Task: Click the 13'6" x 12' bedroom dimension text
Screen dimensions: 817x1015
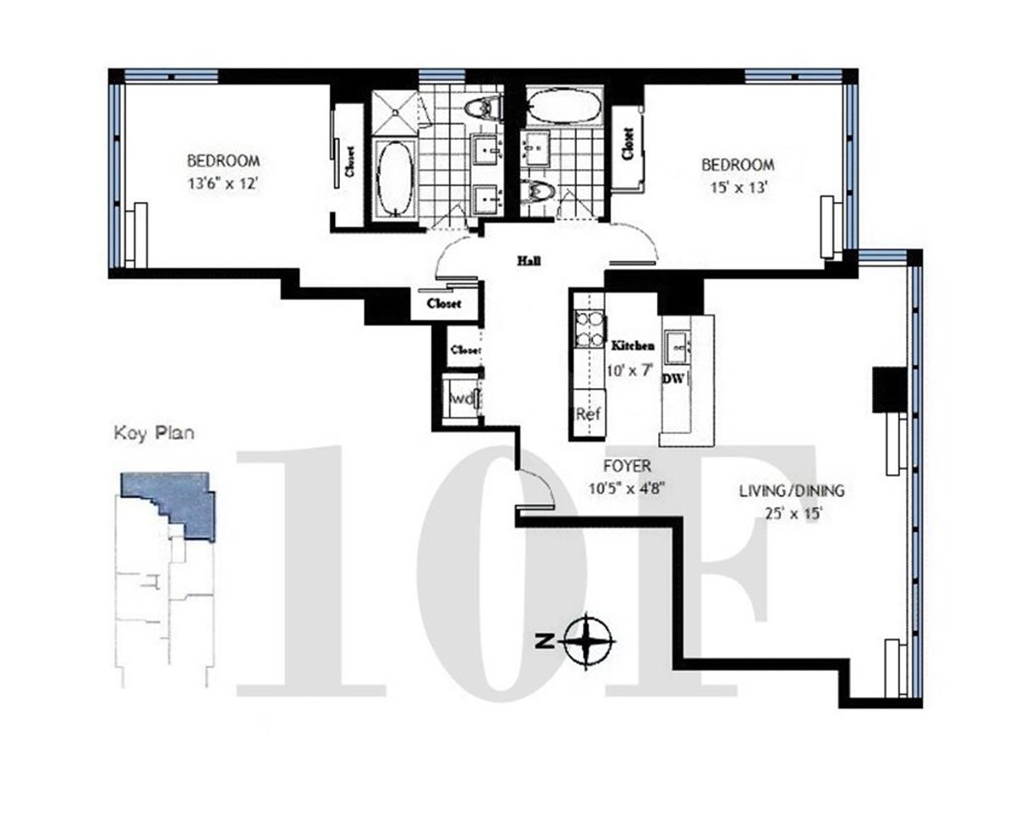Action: tap(223, 181)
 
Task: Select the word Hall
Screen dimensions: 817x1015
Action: tap(529, 261)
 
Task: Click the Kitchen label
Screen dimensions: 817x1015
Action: tap(633, 346)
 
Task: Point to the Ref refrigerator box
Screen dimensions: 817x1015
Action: tap(588, 415)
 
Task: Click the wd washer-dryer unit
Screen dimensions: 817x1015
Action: tap(462, 398)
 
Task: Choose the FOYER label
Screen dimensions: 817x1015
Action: tap(627, 466)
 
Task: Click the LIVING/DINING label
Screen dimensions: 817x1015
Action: tap(791, 491)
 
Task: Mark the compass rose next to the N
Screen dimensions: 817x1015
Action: tap(589, 641)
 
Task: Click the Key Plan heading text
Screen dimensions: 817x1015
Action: tap(154, 434)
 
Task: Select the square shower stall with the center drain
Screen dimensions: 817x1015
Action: tap(393, 108)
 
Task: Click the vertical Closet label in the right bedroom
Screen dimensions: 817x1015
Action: tap(628, 144)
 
